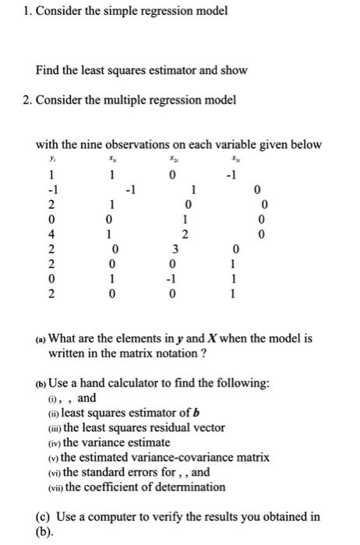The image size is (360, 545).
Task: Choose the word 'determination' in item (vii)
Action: pyautogui.click(x=190, y=487)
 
